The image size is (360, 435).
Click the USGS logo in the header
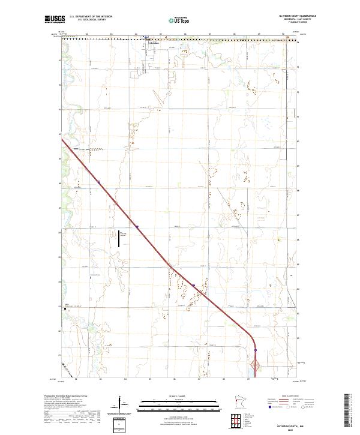pyautogui.click(x=54, y=19)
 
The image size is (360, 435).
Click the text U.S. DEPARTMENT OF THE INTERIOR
pyautogui.click(x=91, y=16)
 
